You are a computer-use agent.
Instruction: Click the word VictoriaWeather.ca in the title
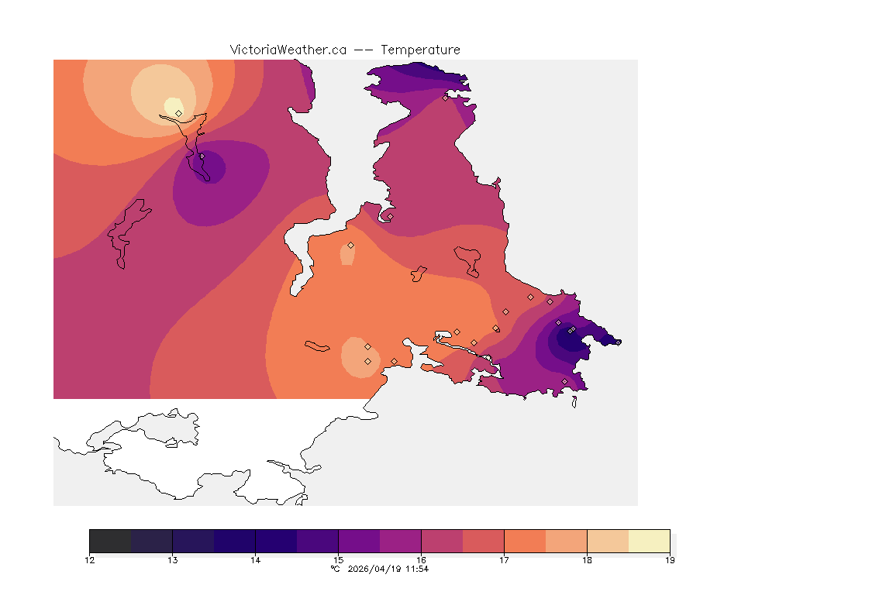pyautogui.click(x=288, y=50)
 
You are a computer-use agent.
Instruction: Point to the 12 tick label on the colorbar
pyautogui.click(x=90, y=560)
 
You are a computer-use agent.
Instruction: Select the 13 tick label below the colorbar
pyautogui.click(x=173, y=560)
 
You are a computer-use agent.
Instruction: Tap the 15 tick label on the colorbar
pyautogui.click(x=338, y=560)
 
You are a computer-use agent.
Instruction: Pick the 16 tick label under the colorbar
pyautogui.click(x=421, y=560)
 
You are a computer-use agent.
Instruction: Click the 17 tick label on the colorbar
pyautogui.click(x=504, y=560)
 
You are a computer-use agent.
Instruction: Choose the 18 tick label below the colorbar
pyautogui.click(x=587, y=560)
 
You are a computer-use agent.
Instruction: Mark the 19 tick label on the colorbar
pyautogui.click(x=670, y=560)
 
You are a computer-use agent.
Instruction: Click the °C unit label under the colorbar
pyautogui.click(x=335, y=569)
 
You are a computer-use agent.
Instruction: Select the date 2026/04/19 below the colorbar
pyautogui.click(x=377, y=569)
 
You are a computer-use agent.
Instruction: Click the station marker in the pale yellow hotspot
pyautogui.click(x=179, y=113)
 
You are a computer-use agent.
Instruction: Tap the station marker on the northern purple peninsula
pyautogui.click(x=445, y=98)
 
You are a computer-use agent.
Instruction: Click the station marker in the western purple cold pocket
pyautogui.click(x=202, y=156)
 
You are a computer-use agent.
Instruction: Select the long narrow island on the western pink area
pyautogui.click(x=129, y=232)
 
